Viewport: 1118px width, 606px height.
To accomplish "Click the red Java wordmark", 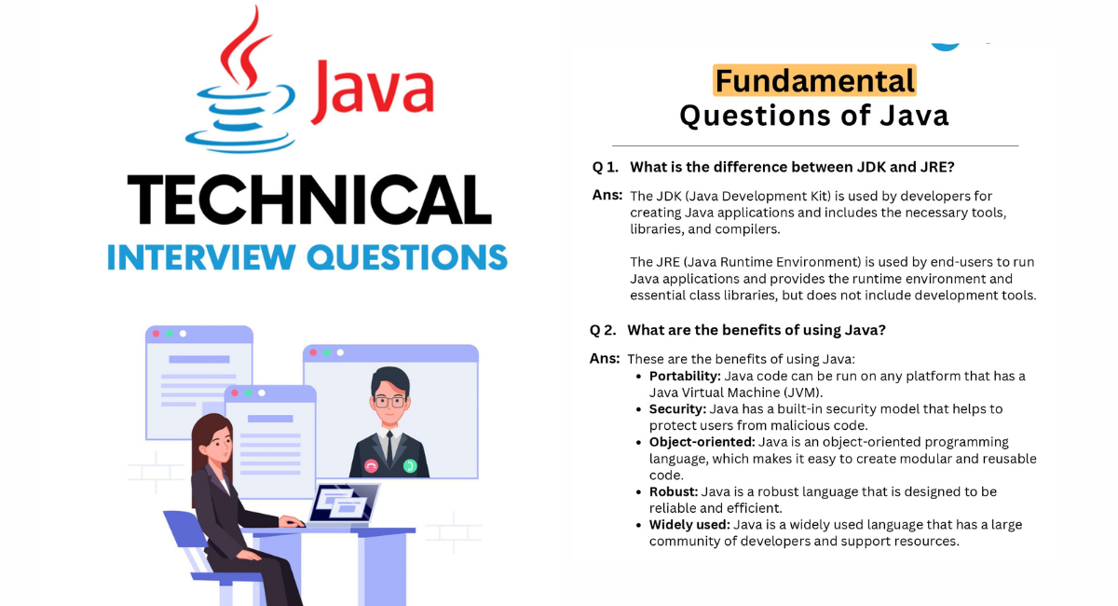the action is coord(373,91).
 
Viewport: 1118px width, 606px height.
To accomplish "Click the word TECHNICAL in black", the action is coord(309,200).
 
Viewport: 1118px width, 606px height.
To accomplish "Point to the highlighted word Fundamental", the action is coord(814,80).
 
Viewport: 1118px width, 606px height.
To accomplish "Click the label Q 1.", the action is coord(606,167).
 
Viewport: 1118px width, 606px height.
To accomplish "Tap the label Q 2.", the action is coord(603,330).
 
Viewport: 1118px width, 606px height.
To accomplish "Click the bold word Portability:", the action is coord(685,377).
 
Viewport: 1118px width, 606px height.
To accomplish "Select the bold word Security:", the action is coord(678,409).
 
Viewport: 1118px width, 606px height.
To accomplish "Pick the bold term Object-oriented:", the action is coord(702,442).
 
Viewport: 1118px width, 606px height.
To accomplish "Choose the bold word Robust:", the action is coord(674,491).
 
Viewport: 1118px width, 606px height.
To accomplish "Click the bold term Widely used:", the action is coord(689,525).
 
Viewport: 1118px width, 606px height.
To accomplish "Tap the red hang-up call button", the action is coord(371,466).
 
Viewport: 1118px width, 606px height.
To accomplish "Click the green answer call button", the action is coord(410,466).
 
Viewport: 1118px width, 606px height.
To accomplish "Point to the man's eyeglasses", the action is coord(390,402).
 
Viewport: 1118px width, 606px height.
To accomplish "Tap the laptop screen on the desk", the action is coord(344,503).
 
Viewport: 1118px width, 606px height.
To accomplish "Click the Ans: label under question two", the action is coord(605,359).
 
